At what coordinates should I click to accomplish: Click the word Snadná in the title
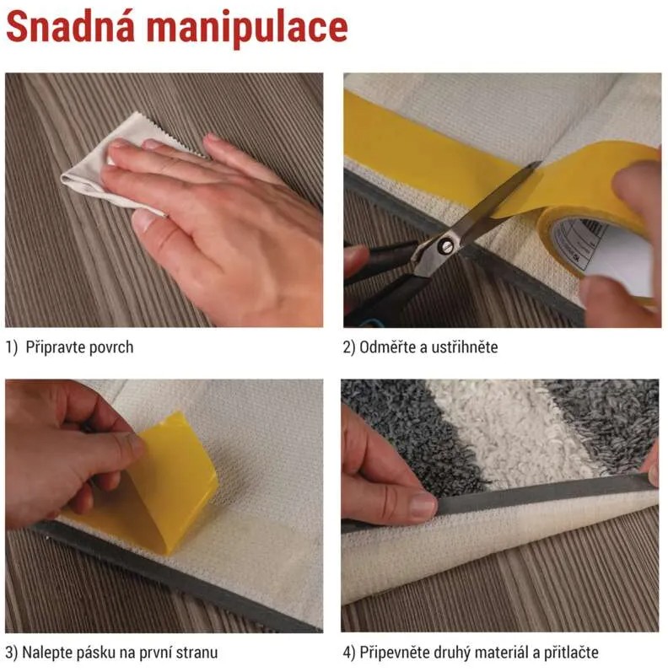pos(71,28)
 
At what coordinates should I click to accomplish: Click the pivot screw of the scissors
pos(446,246)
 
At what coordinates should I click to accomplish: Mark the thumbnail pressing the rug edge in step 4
pos(422,505)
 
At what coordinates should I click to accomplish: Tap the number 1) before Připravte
pos(12,347)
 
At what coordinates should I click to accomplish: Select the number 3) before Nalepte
pos(12,653)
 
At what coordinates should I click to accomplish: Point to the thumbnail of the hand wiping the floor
pos(143,220)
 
